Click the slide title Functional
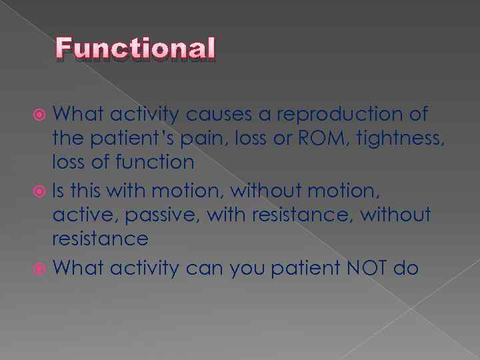(x=136, y=49)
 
